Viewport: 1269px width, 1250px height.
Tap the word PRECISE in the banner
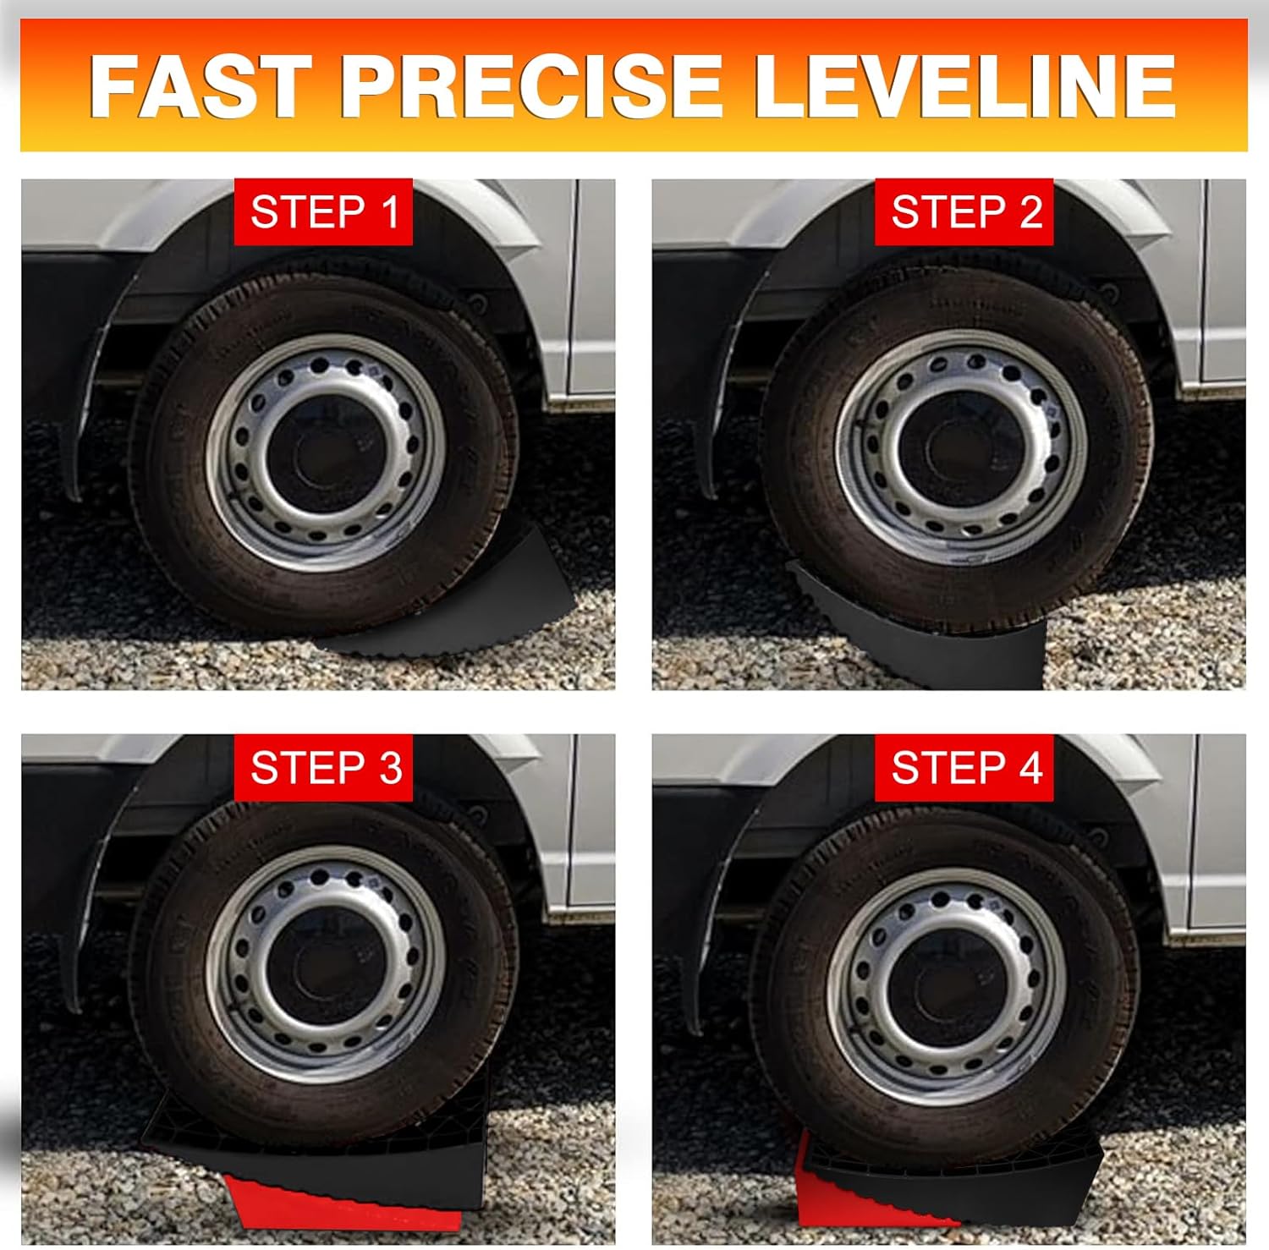(530, 85)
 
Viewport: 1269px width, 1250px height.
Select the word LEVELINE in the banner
(964, 85)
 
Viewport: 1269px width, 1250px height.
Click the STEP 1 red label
(323, 211)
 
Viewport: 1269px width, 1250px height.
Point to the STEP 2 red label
(964, 211)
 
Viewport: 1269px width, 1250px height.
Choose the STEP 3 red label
(323, 768)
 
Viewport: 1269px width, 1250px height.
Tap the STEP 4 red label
(964, 768)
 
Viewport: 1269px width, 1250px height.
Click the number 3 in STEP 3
(390, 768)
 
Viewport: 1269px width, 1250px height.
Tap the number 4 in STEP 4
(1030, 768)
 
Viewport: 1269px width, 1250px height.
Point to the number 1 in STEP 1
(390, 211)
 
